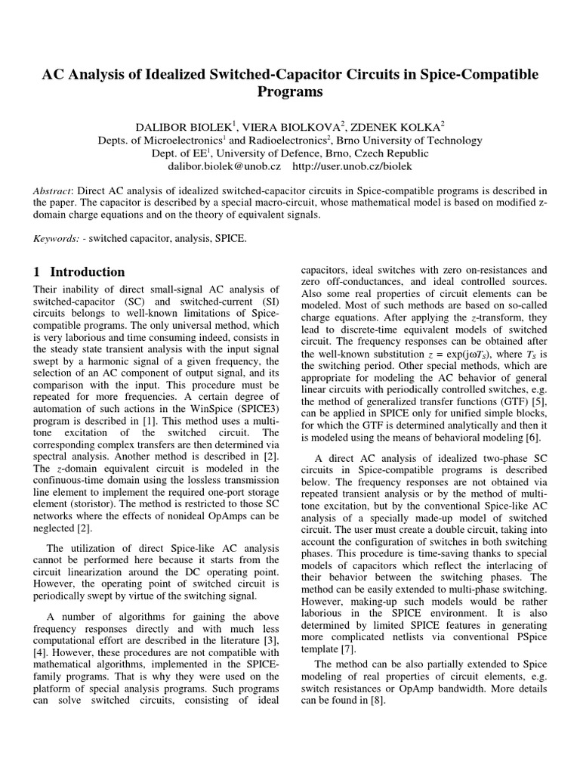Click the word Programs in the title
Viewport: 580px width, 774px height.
[290, 92]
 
